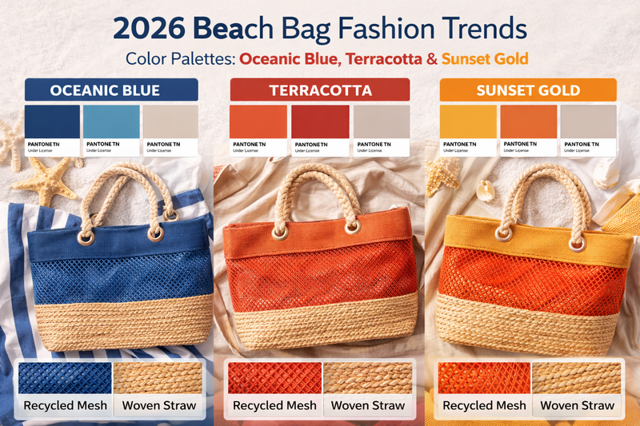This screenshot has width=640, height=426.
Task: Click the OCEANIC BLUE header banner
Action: pos(105,90)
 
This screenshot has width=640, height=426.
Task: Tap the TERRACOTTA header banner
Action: pos(320,90)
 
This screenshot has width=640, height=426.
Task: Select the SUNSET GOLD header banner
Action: pos(528,90)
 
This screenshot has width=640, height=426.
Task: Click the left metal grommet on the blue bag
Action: pos(85,237)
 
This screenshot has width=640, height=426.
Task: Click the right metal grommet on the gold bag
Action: pos(574,237)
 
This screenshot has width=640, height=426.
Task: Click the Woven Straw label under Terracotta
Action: pos(368,405)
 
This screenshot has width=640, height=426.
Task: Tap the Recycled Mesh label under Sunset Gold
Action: pos(484,405)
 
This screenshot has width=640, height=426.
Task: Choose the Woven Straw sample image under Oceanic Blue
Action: pos(159,377)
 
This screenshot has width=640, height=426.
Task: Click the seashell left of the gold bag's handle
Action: pos(485,190)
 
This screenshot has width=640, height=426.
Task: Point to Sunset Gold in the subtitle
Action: pos(485,58)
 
